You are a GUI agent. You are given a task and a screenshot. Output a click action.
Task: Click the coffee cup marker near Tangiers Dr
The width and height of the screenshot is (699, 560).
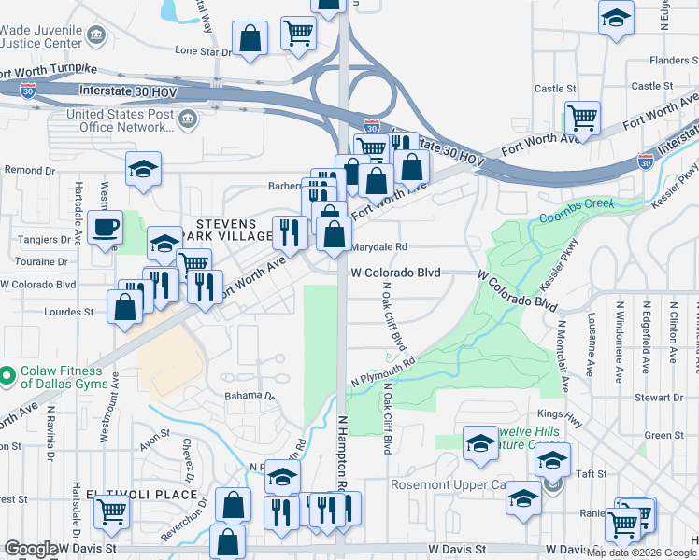point(105,227)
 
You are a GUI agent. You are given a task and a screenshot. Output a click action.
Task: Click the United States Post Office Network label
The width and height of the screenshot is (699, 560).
point(120,120)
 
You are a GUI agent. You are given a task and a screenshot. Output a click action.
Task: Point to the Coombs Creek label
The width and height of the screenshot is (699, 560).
point(571,219)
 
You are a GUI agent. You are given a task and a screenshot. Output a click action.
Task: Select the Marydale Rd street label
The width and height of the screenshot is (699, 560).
point(380,247)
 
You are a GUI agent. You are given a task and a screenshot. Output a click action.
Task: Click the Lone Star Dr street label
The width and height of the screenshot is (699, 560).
point(202,51)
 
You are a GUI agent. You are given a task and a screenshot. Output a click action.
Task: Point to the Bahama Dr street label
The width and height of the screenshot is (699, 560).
point(250,396)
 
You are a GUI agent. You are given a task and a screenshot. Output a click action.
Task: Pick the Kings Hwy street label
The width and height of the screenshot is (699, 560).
point(560,413)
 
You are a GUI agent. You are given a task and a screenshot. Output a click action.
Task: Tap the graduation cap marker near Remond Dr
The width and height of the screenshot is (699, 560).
point(143,169)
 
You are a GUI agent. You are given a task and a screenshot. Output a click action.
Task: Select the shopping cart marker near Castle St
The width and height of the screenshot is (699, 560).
point(582,119)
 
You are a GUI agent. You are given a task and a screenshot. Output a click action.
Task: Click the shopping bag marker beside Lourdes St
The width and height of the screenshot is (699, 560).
point(125,307)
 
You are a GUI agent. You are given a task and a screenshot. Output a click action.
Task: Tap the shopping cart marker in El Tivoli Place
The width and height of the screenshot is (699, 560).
point(111,511)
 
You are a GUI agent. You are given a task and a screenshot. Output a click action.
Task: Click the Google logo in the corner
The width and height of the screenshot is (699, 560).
point(30,549)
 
